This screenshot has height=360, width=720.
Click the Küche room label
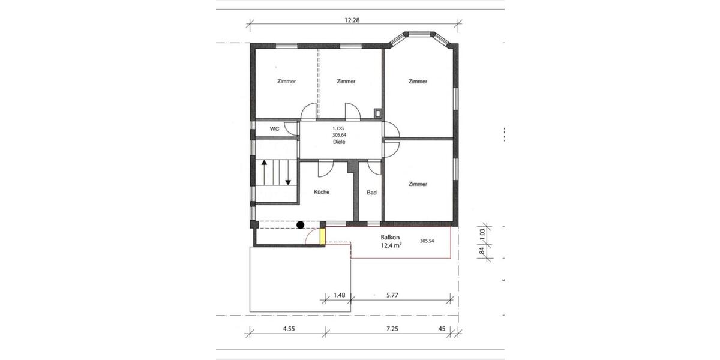pos(322,192)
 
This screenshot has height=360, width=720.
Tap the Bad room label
pos(371,193)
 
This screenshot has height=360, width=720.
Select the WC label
pos(274,129)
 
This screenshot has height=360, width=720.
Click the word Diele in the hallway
pos(339,142)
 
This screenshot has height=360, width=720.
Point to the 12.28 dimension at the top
pos(354,20)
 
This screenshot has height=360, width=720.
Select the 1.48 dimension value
pos(339,295)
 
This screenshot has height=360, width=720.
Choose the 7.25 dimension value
pos(392,328)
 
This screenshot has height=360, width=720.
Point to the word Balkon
pos(391,237)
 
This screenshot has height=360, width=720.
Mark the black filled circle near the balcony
pos(300,225)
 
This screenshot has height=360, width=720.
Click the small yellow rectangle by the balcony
pos(323,235)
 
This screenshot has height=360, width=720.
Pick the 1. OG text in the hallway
pos(339,129)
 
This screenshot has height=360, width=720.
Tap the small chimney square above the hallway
pos(377,112)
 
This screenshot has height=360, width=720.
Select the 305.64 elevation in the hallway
pos(339,136)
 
